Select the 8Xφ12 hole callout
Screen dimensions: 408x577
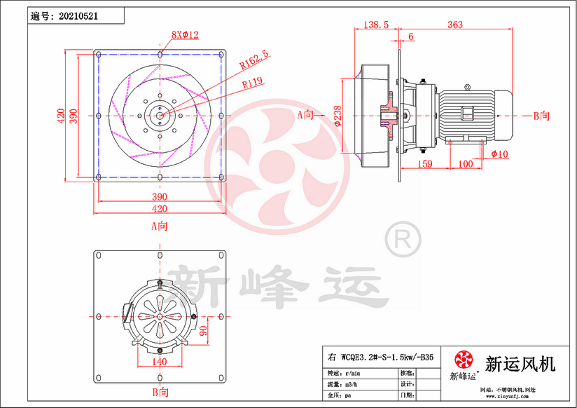click(x=186, y=34)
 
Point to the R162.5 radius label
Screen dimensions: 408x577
click(x=254, y=61)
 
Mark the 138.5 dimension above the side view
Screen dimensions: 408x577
click(x=377, y=25)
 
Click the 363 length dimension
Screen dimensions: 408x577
click(x=454, y=25)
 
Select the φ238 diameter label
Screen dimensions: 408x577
click(x=338, y=114)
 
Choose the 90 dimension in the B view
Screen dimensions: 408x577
click(x=203, y=330)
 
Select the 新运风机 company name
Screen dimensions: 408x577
click(x=520, y=364)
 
